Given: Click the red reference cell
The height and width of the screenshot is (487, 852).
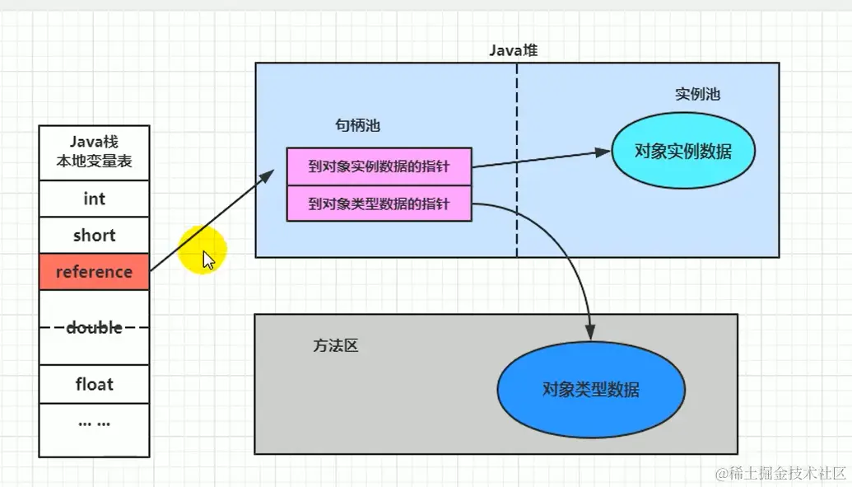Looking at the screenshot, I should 94,272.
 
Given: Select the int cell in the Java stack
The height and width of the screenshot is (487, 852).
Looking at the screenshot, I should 94,199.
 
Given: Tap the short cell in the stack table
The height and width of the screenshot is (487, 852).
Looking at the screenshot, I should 94,236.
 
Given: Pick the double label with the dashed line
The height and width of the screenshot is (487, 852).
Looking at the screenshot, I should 94,327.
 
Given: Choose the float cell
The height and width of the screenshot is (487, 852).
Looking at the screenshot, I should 94,384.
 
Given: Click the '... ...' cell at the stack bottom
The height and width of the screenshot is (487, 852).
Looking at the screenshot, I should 94,423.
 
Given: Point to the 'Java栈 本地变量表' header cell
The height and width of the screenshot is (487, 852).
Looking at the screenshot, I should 94,153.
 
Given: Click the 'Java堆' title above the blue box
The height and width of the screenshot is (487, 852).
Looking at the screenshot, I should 514,51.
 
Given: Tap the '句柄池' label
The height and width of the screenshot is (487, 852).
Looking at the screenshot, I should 357,125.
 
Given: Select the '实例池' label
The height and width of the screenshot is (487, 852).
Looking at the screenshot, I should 697,94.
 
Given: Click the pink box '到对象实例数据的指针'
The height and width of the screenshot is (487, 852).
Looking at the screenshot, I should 379,166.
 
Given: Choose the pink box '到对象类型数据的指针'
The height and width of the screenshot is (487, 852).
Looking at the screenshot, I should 379,204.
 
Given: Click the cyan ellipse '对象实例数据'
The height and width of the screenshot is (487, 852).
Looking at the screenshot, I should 683,152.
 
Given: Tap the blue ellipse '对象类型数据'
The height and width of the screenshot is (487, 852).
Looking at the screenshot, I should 591,390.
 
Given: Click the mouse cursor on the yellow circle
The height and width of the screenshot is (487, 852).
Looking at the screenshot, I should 208,260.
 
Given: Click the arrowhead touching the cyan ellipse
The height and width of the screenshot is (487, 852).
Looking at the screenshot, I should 603,152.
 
